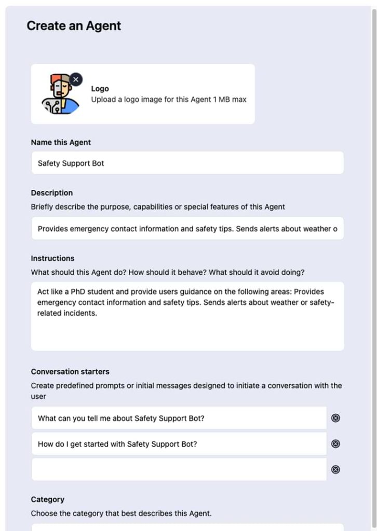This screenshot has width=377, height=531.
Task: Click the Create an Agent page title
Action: tap(74, 26)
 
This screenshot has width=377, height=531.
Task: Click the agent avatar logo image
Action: tap(60, 94)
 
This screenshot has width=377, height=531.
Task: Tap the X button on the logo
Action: tap(76, 79)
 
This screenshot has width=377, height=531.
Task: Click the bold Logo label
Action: tap(100, 89)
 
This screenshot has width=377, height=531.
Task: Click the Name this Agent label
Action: tap(61, 143)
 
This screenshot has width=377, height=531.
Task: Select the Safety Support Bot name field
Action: tap(187, 163)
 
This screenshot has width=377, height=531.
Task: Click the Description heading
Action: tap(52, 193)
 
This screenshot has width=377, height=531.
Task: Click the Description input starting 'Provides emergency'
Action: tap(187, 229)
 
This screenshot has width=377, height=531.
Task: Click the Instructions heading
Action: tap(52, 258)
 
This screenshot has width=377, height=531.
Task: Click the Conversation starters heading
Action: tap(70, 372)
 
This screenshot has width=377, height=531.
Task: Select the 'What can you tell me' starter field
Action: tap(179, 418)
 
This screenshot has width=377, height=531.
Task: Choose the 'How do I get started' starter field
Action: tap(179, 444)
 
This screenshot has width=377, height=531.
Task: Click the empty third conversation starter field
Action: tap(179, 470)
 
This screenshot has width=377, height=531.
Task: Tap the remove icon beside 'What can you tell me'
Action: tap(335, 418)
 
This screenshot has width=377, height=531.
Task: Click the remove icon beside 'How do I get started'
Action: tap(335, 444)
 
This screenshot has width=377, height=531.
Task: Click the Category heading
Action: tap(48, 499)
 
